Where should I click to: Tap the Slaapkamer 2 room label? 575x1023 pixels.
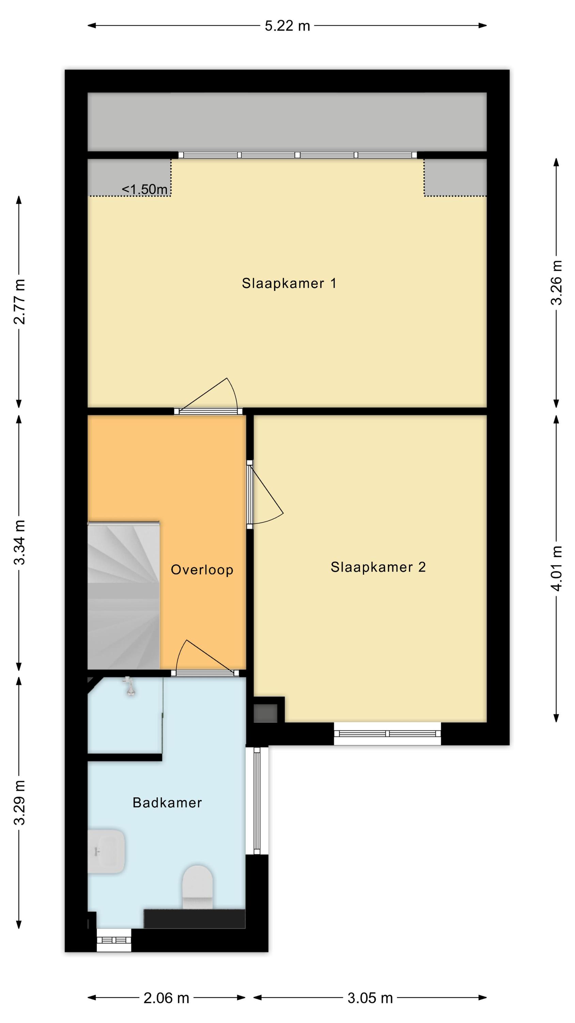(x=378, y=567)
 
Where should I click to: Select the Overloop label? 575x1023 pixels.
(x=202, y=570)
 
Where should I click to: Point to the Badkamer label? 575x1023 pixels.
(x=167, y=803)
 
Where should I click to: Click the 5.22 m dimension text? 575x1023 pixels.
(x=287, y=26)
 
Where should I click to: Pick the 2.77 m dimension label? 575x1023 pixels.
(x=19, y=301)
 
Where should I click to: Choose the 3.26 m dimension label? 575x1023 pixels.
(x=556, y=283)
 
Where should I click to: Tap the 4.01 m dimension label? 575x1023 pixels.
(x=556, y=568)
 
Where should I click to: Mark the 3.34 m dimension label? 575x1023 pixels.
(x=19, y=542)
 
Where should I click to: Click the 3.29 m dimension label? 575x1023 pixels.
(x=19, y=803)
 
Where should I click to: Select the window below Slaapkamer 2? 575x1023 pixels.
(x=387, y=733)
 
